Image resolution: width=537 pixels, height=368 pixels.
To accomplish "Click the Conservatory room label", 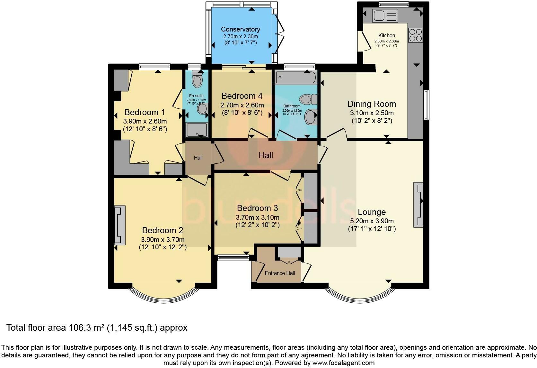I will [x=240, y=29].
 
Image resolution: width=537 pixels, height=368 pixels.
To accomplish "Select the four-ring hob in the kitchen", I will [x=415, y=35].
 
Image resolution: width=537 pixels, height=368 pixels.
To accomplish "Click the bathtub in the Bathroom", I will [x=296, y=77].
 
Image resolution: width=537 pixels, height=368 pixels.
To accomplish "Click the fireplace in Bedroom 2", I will [x=119, y=225].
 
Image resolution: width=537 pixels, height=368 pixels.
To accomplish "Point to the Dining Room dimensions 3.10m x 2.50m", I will [x=372, y=113].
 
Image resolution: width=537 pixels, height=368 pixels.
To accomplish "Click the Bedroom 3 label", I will [x=257, y=208].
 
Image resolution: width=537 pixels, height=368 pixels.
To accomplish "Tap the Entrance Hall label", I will [x=280, y=273].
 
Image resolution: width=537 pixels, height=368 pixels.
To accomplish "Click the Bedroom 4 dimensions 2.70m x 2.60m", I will [x=242, y=105].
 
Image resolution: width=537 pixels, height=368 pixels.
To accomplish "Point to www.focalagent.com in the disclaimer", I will [x=343, y=363].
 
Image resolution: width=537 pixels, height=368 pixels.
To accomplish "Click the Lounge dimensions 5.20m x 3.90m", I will [x=372, y=221].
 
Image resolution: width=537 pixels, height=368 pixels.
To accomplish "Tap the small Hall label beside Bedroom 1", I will [x=198, y=158].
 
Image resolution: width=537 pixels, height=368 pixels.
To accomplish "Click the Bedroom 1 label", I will [x=145, y=112].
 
